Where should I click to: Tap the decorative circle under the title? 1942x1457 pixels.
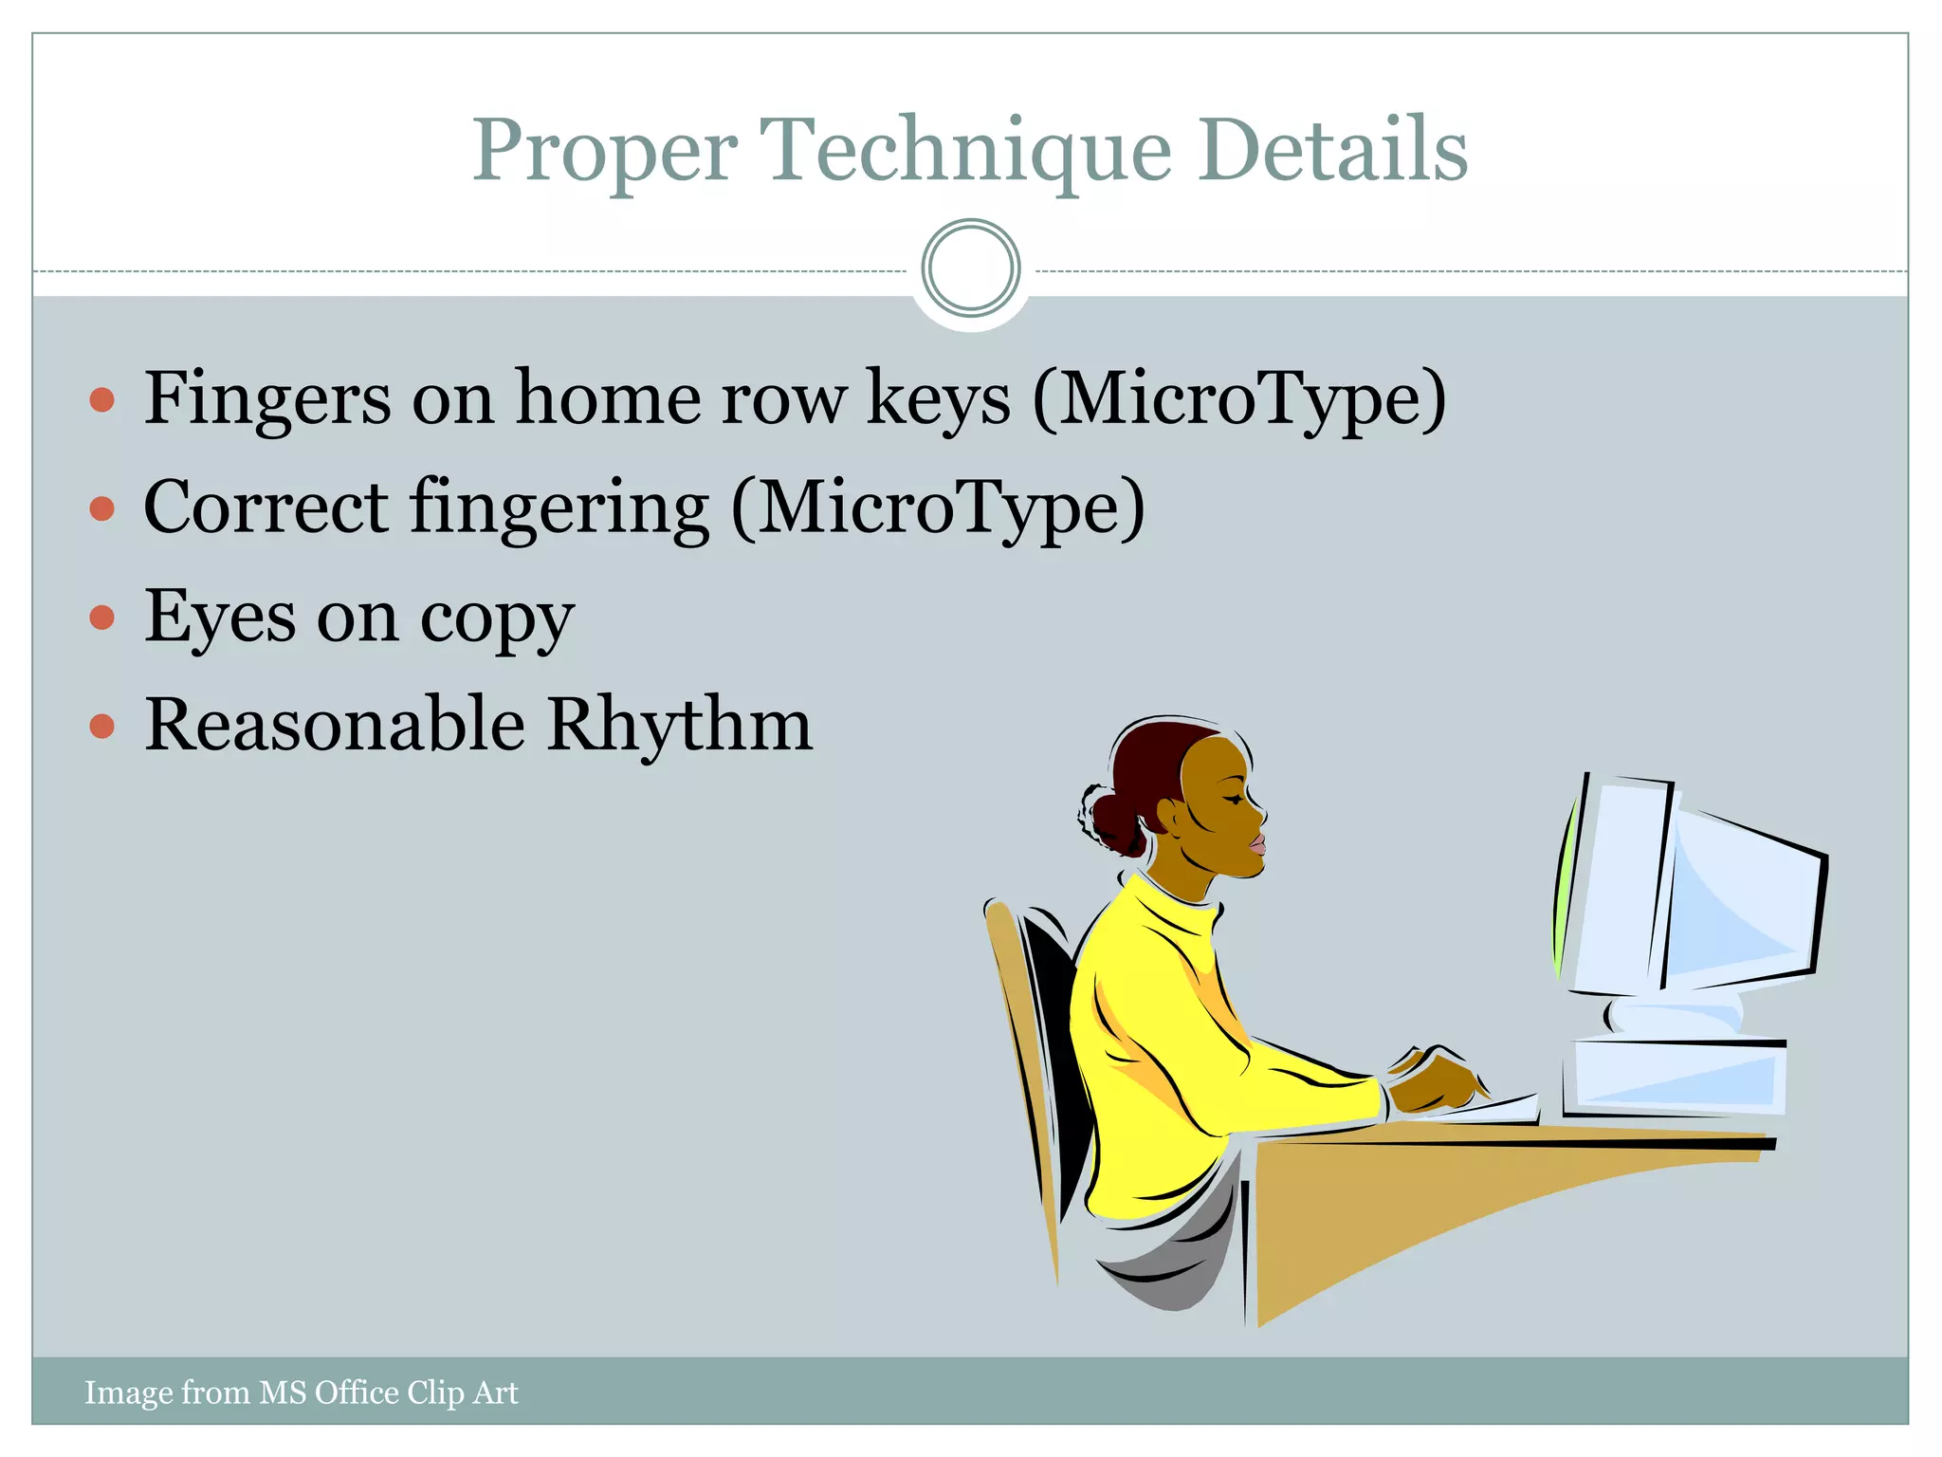coord(970,268)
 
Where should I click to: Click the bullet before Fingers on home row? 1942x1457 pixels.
coord(102,399)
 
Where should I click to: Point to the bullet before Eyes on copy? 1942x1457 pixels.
coord(102,618)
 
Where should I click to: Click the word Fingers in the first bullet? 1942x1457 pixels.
coord(266,399)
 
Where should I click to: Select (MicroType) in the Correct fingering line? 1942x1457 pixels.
coord(938,508)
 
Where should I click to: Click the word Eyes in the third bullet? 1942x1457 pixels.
coord(220,618)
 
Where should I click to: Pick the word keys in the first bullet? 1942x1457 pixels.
coord(939,399)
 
